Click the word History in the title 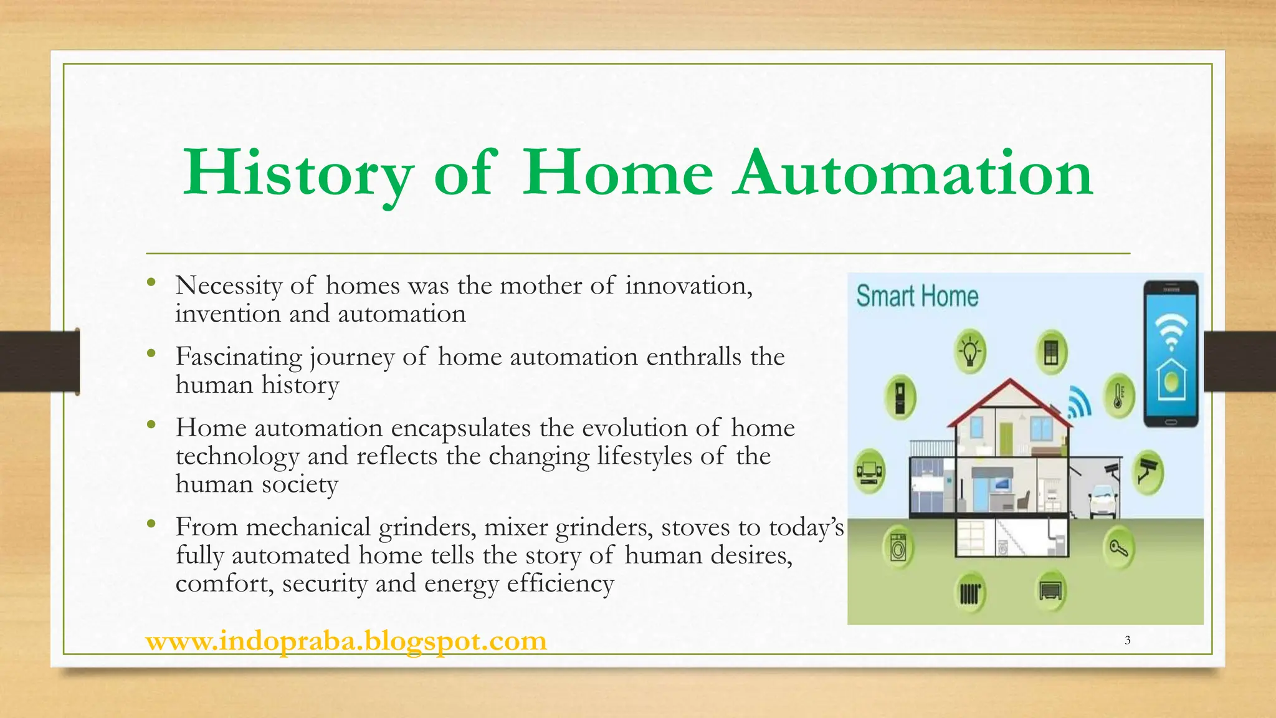pyautogui.click(x=298, y=173)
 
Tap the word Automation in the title pyautogui.click(x=912, y=173)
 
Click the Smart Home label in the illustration pyautogui.click(x=917, y=296)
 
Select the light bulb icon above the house pyautogui.click(x=970, y=352)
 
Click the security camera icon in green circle pyautogui.click(x=1147, y=472)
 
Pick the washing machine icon pyautogui.click(x=898, y=548)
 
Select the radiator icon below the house pyautogui.click(x=970, y=592)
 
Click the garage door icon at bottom pyautogui.click(x=1050, y=590)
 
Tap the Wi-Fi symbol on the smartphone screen pyautogui.click(x=1171, y=330)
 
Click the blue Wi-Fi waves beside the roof pyautogui.click(x=1079, y=403)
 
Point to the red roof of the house pyautogui.click(x=1009, y=399)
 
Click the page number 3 pyautogui.click(x=1127, y=640)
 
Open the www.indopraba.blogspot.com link pyautogui.click(x=346, y=641)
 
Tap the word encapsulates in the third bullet pyautogui.click(x=461, y=428)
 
